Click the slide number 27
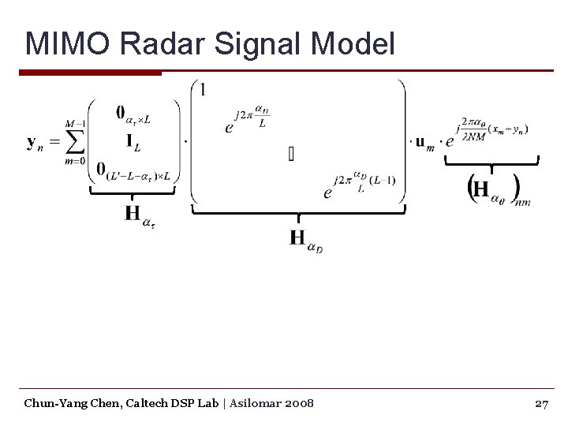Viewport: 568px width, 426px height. pos(541,403)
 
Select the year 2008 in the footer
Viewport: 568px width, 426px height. pos(299,403)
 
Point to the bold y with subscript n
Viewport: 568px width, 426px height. pos(35,144)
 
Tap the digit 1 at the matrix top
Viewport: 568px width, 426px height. pos(204,90)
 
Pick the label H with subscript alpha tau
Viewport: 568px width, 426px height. pos(139,215)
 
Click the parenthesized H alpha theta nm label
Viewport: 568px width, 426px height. pos(497,190)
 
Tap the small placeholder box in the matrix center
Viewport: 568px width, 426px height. pos(291,153)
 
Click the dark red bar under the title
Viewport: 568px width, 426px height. pos(90,73)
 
